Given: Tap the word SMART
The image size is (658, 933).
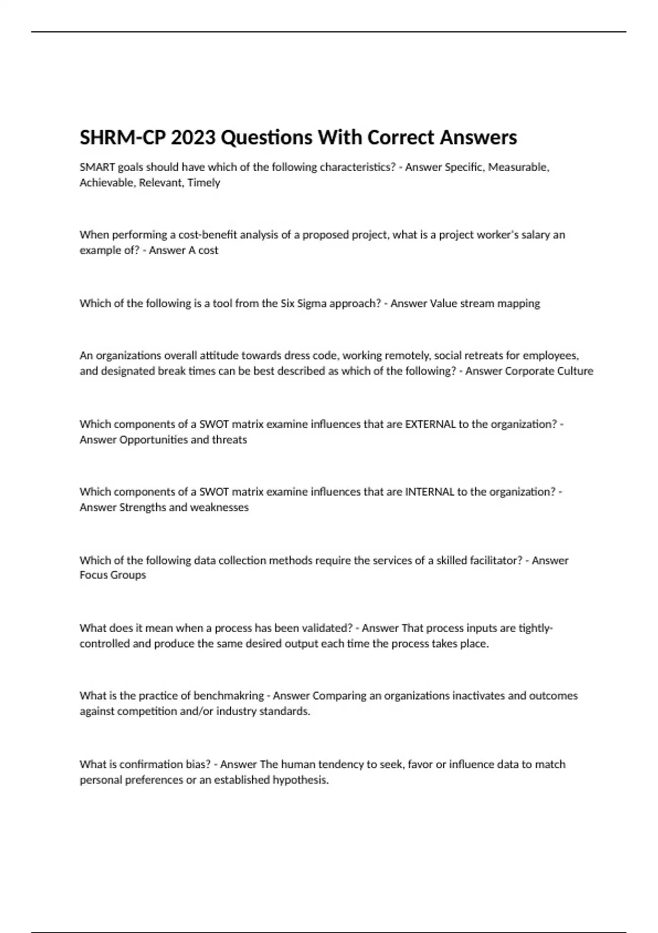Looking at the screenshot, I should pyautogui.click(x=97, y=167).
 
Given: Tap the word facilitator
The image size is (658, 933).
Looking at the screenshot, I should pyautogui.click(x=492, y=560).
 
